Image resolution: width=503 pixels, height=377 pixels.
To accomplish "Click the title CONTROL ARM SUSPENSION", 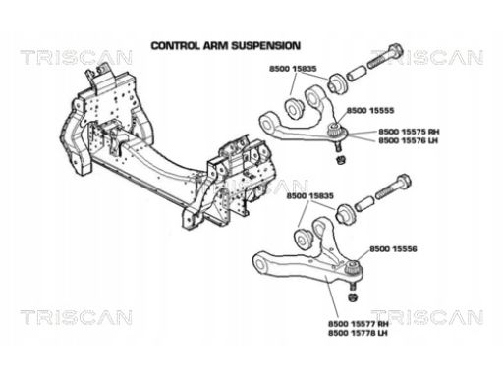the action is [x=226, y=45].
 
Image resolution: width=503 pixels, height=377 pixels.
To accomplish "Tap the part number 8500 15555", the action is [x=370, y=111].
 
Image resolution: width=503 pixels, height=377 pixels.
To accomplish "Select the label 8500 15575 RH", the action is [x=409, y=132].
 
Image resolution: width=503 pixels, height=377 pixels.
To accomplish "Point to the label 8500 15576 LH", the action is [x=408, y=140].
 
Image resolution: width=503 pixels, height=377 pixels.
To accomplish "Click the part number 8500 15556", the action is [x=393, y=249].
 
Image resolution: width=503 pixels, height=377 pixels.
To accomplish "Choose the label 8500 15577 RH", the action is [x=359, y=324].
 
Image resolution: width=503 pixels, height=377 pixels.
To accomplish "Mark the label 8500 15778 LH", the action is [x=358, y=333].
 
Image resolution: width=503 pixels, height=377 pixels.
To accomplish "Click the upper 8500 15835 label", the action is [x=293, y=69].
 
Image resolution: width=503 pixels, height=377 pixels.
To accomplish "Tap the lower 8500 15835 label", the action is [x=310, y=196].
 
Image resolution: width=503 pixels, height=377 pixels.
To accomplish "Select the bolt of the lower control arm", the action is [x=394, y=188].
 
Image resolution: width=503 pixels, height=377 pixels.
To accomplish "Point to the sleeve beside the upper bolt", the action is [x=357, y=74].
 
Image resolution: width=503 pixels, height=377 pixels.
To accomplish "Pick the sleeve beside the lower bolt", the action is [x=364, y=203].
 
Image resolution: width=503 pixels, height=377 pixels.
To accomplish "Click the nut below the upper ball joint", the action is [x=341, y=160].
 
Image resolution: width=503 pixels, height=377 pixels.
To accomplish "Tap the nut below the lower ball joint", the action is [x=353, y=297].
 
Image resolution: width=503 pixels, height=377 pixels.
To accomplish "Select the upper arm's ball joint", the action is [x=338, y=135].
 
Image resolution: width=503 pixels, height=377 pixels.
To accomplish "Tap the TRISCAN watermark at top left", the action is [x=76, y=57].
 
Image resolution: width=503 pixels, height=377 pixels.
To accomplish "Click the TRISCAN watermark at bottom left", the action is [x=76, y=317].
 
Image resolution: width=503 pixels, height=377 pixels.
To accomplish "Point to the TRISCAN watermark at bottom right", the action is [x=427, y=317].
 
